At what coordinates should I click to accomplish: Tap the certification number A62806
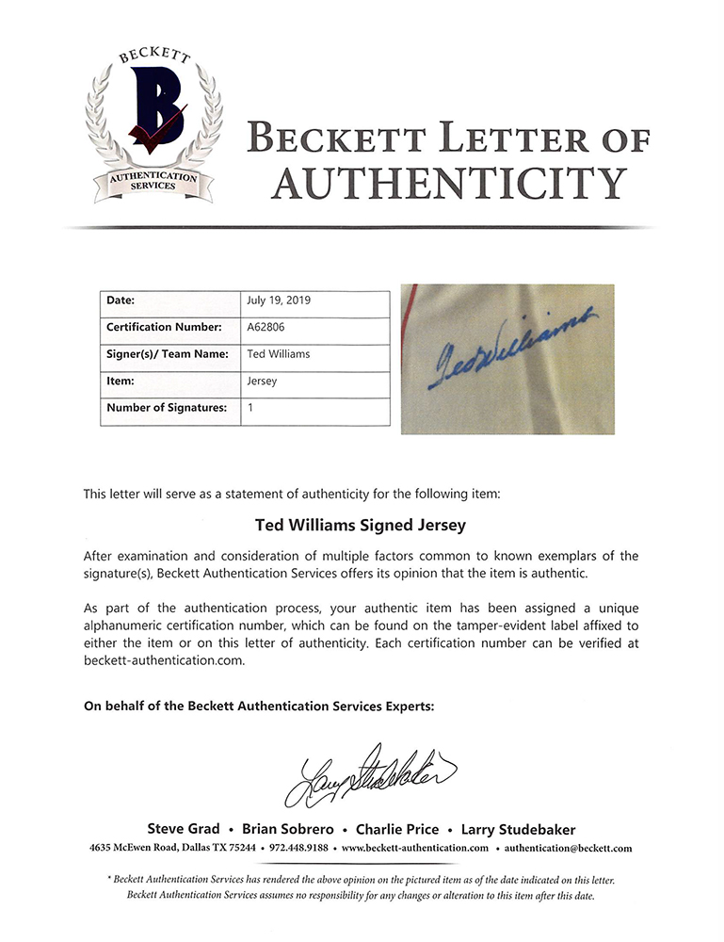266,328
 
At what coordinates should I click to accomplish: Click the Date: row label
122,301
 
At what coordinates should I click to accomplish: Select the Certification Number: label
164,328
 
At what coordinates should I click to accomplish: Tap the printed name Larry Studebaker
518,830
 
